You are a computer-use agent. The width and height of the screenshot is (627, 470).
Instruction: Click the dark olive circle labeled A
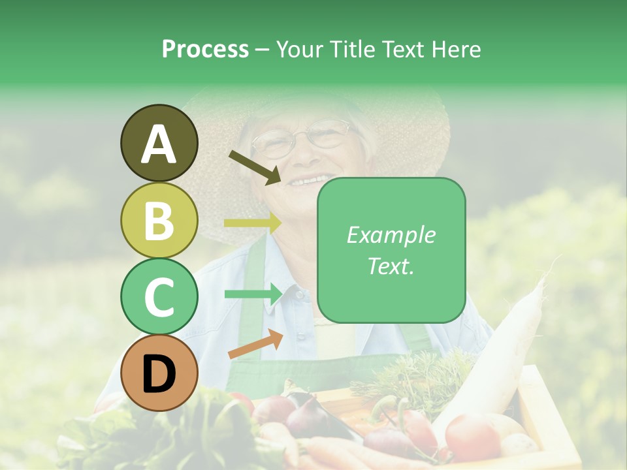159,143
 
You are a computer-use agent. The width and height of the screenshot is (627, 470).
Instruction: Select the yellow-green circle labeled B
159,220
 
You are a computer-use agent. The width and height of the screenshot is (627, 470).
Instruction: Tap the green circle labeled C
159,296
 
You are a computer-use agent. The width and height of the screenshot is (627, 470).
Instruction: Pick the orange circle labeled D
159,373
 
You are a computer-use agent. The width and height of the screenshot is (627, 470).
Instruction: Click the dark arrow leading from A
255,167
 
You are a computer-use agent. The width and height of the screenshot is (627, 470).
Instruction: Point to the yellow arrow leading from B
252,223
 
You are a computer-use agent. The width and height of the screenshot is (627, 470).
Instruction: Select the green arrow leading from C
252,294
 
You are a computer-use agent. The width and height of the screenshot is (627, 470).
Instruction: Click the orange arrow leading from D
255,344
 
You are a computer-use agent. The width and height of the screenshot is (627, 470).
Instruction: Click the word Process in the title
205,49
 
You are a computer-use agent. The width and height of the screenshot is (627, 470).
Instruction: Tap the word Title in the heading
353,49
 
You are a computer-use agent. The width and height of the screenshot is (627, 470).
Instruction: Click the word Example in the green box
391,235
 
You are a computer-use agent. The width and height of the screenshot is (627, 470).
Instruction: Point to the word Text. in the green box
391,266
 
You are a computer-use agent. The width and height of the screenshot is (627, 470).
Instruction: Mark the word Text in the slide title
402,49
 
